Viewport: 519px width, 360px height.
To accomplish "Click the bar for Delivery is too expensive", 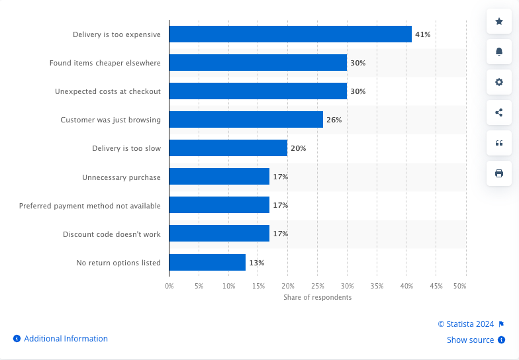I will [x=290, y=34].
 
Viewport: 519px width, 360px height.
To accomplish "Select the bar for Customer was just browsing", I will [x=246, y=120].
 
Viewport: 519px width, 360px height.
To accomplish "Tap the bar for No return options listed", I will [x=207, y=263].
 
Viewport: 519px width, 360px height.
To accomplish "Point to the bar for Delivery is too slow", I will [x=228, y=148].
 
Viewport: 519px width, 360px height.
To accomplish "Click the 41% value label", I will [x=423, y=34].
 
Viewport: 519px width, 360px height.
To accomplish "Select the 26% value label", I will [x=334, y=120].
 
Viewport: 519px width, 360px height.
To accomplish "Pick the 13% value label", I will [x=256, y=263].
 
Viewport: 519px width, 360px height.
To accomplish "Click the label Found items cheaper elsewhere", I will [x=105, y=63].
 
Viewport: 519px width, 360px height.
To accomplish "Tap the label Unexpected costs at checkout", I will [x=108, y=91].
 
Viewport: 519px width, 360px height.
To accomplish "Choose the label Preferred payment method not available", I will [x=90, y=206].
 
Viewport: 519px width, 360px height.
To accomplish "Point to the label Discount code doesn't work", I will [x=112, y=234].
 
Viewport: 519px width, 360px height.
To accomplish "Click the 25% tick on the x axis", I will [x=317, y=286].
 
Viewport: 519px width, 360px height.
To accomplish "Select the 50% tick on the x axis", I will [x=459, y=286].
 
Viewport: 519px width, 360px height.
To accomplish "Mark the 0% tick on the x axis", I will [x=169, y=286].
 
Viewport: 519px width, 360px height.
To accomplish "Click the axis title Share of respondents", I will [x=317, y=297].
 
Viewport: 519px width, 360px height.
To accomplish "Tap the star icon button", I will [x=499, y=21].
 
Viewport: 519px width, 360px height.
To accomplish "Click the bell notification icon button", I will [x=499, y=52].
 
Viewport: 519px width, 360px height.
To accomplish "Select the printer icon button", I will [x=499, y=173].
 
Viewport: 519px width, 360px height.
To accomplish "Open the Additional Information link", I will [x=66, y=339].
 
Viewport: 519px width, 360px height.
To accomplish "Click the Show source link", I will [x=470, y=340].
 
